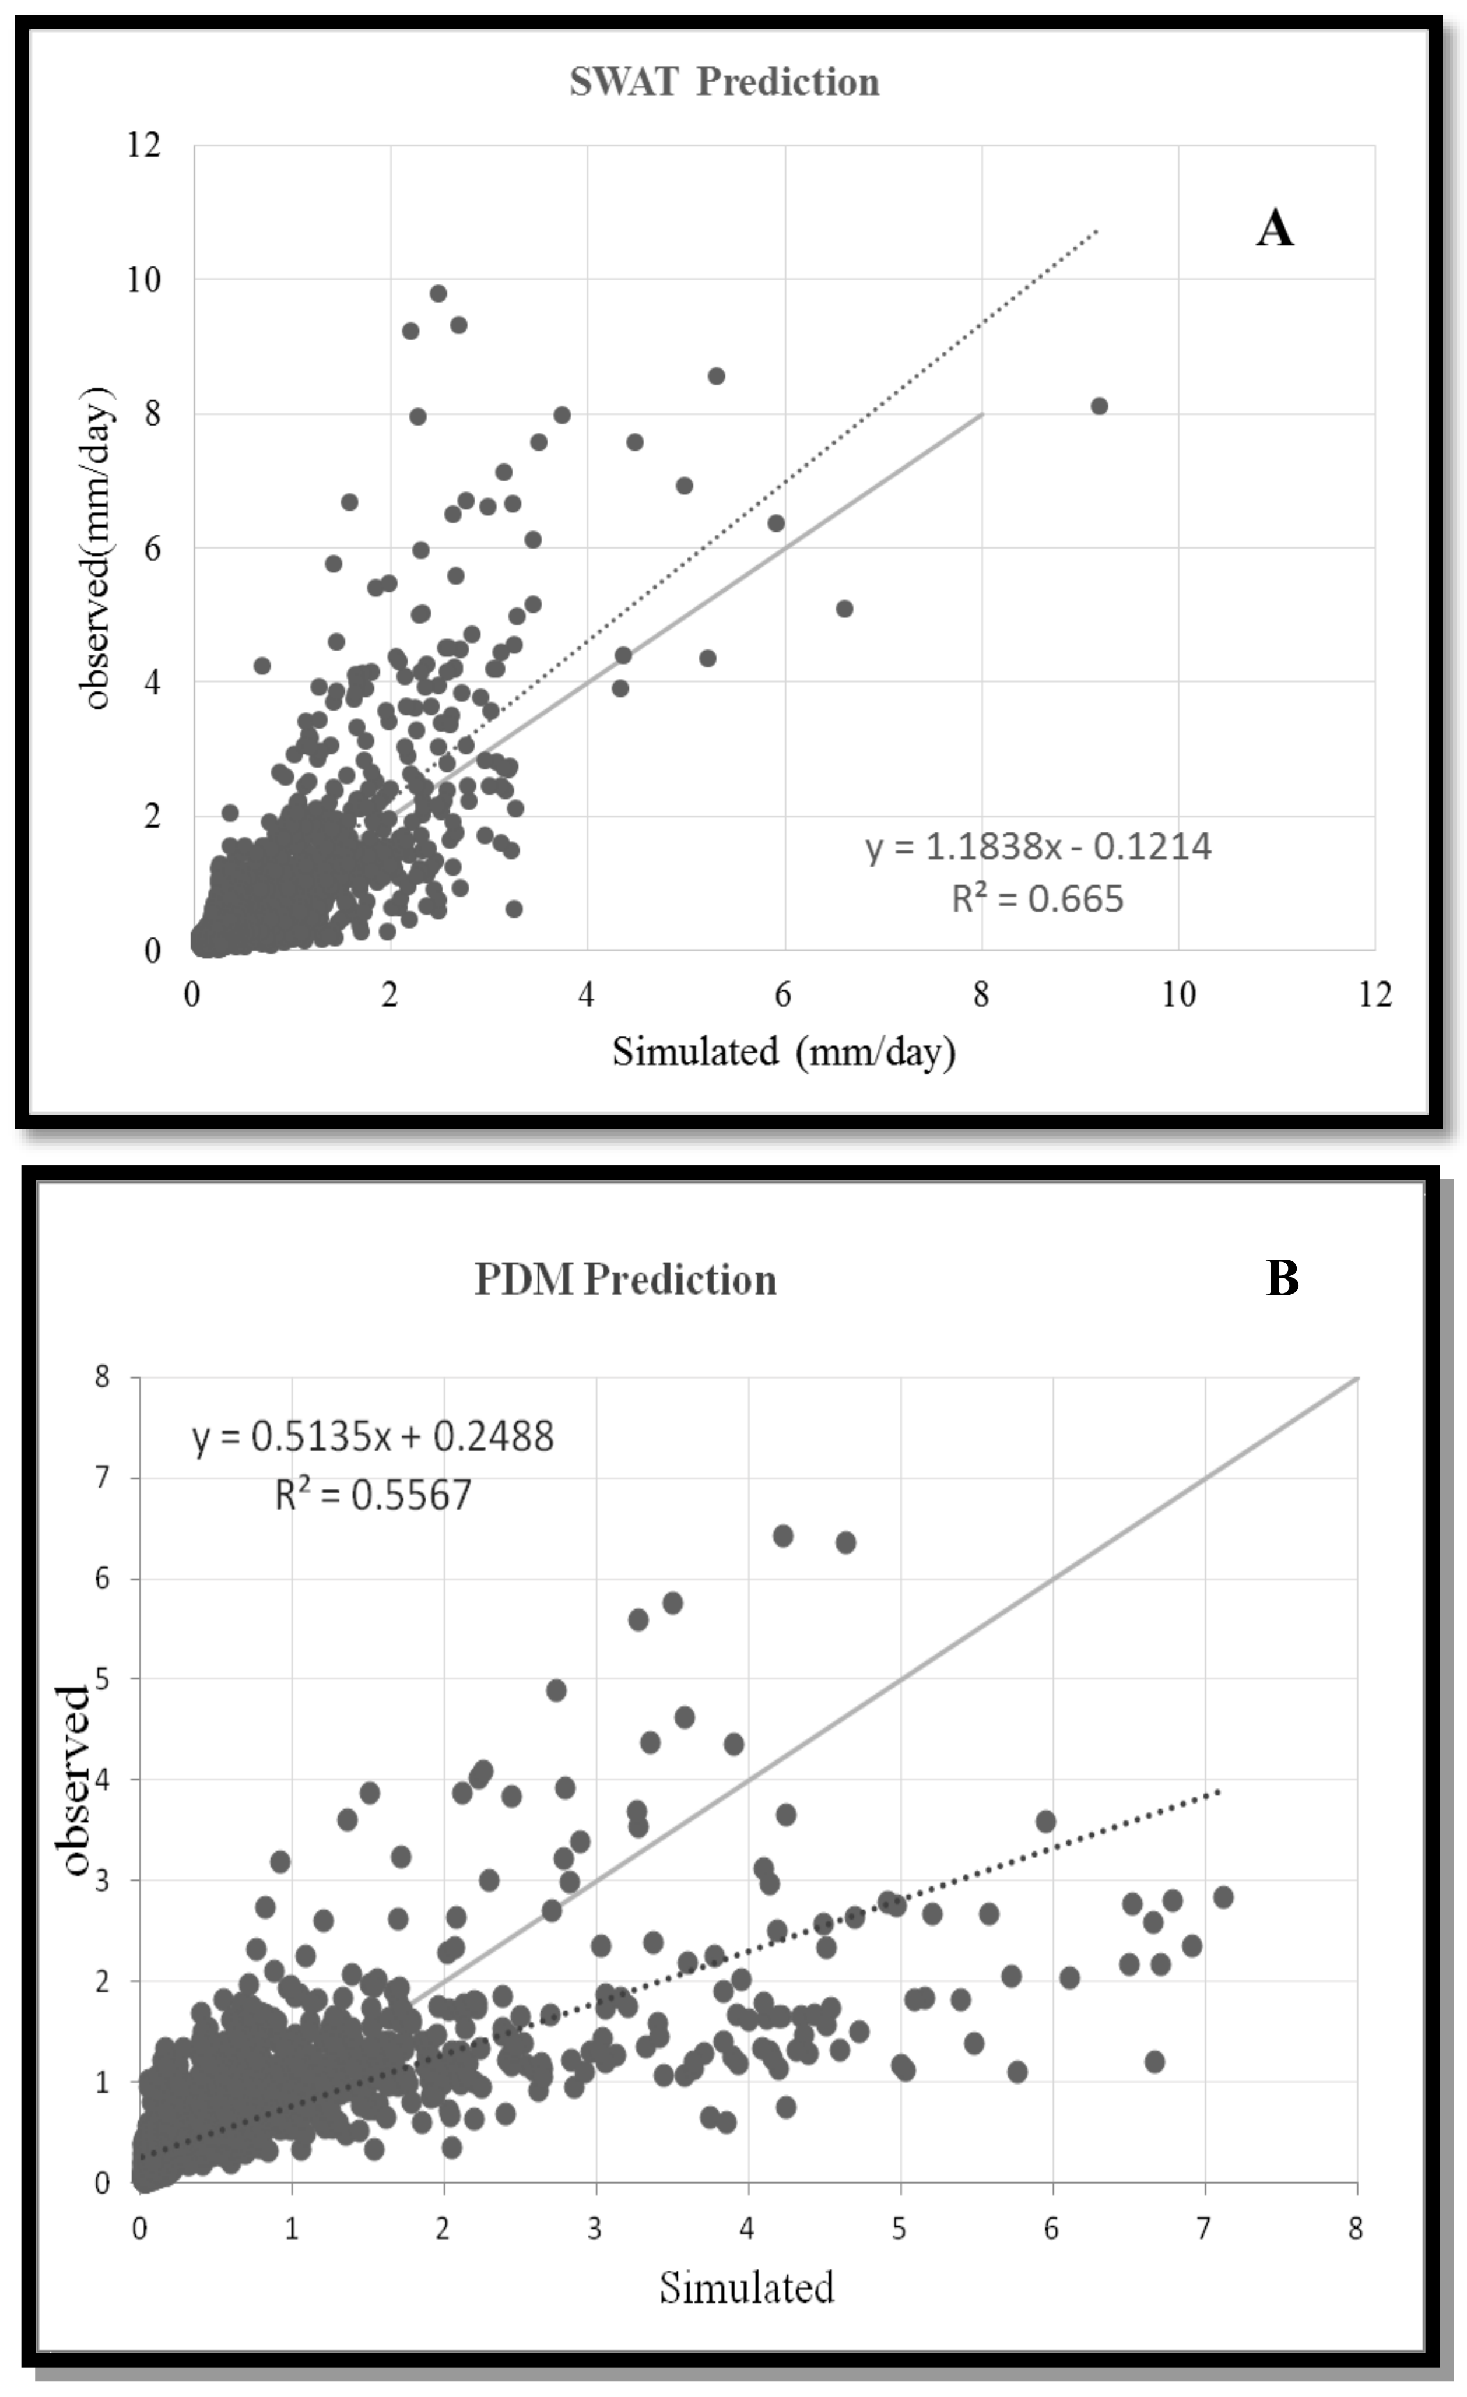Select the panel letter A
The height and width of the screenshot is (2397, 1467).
(1275, 230)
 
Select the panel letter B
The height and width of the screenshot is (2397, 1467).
(1282, 1277)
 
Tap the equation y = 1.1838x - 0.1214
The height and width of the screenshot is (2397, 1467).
(1038, 846)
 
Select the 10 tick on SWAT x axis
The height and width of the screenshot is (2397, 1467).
(1178, 994)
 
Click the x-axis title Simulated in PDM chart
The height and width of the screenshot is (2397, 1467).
(746, 2287)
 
